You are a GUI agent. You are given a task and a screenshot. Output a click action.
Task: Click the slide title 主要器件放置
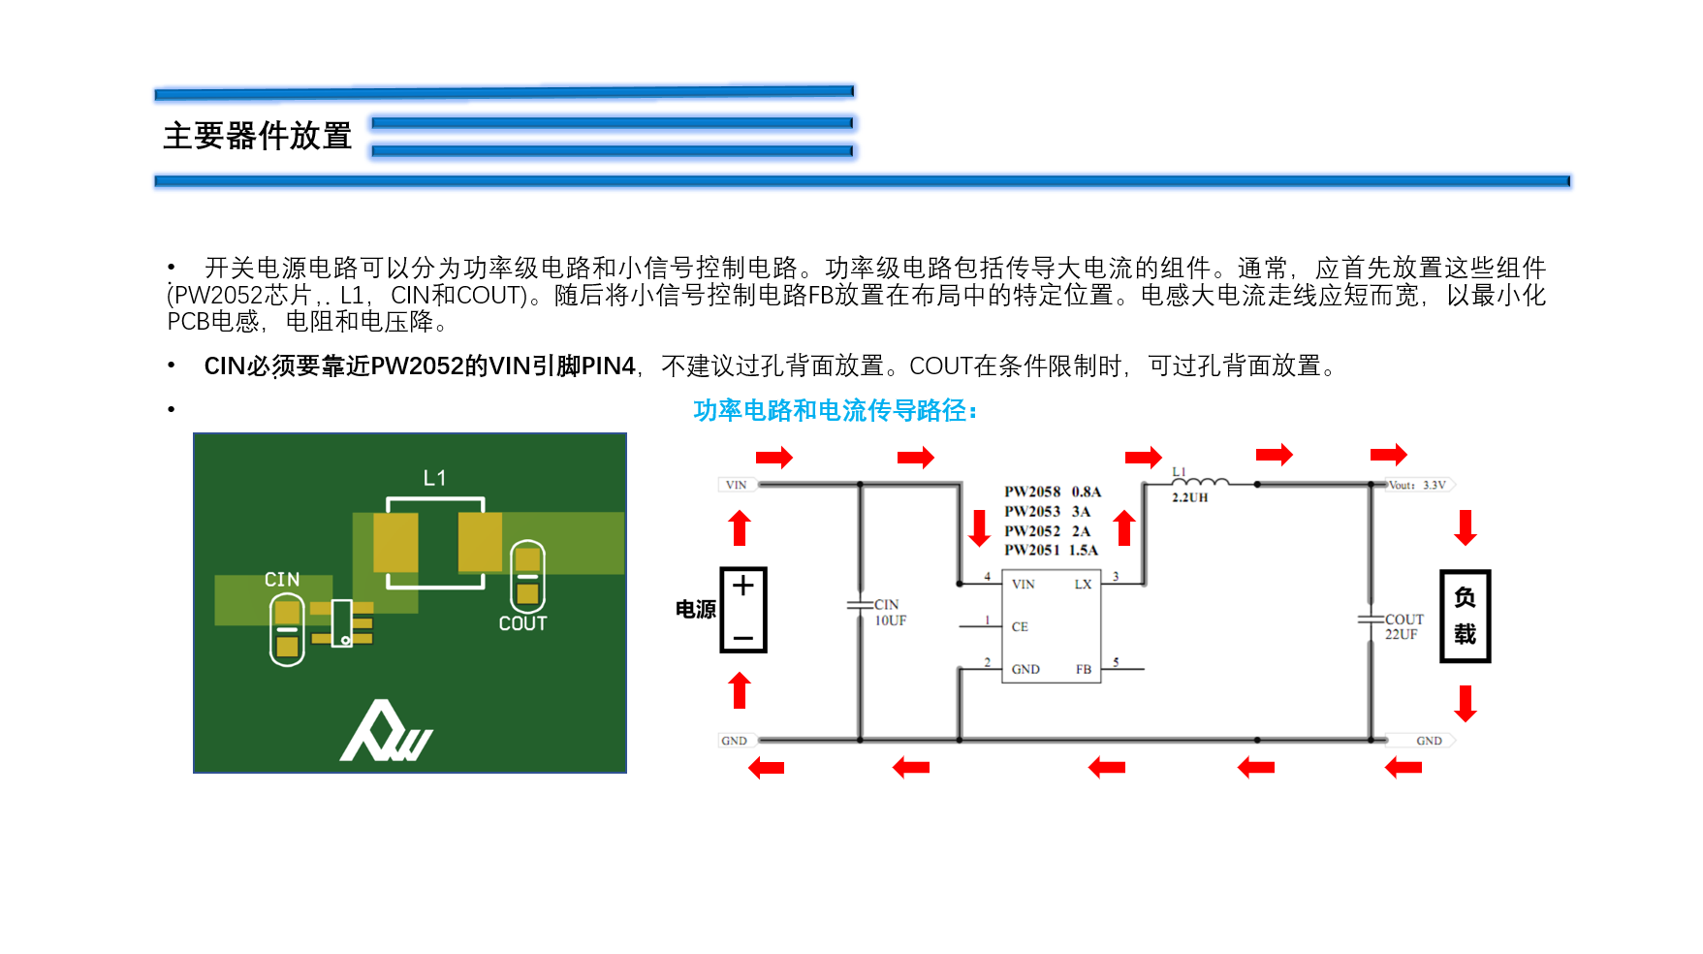pos(257,136)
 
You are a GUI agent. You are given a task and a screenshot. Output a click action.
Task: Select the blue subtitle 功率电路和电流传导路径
pos(835,411)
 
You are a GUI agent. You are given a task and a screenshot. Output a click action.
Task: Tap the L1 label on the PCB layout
pos(434,478)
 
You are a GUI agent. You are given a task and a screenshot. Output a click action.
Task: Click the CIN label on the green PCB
pos(282,580)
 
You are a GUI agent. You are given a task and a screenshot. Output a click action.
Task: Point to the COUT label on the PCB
pos(522,623)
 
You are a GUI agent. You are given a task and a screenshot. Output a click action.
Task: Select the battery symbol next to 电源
pos(743,610)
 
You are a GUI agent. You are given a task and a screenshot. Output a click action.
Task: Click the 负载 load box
pos(1465,617)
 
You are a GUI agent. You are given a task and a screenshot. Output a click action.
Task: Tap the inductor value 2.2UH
pos(1190,498)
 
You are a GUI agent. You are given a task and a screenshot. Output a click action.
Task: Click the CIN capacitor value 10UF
pos(891,620)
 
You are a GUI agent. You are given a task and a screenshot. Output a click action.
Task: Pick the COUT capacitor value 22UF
pos(1402,635)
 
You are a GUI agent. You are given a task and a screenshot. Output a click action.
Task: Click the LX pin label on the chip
pos(1083,585)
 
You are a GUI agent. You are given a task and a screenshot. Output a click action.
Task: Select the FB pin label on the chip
pos(1084,670)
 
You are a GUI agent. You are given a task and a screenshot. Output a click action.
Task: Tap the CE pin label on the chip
pos(1020,627)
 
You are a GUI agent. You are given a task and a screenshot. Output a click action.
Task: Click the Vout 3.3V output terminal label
pos(1418,485)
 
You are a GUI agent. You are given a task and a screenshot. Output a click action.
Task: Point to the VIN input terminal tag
pos(737,485)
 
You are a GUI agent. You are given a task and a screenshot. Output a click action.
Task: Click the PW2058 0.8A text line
pos(1053,492)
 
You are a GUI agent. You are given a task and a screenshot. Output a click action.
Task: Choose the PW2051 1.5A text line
pos(1051,550)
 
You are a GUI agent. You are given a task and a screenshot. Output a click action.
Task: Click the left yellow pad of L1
pos(395,542)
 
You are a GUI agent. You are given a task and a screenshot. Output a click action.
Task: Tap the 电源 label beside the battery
pos(696,610)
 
